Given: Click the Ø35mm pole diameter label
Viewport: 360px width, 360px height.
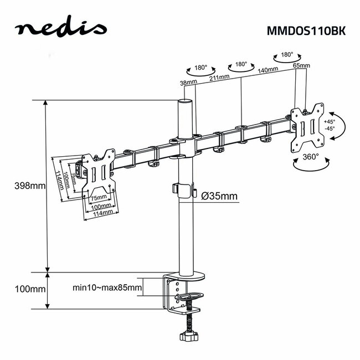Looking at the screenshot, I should click(x=220, y=196).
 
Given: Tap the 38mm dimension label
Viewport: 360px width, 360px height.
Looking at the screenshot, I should click(x=188, y=83).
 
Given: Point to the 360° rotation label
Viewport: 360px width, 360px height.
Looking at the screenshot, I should click(x=310, y=157).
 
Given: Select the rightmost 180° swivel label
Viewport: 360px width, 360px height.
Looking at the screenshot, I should click(x=287, y=55).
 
